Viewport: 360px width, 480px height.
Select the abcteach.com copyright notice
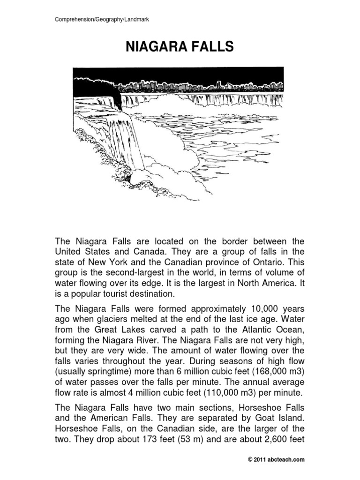coord(276,460)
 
